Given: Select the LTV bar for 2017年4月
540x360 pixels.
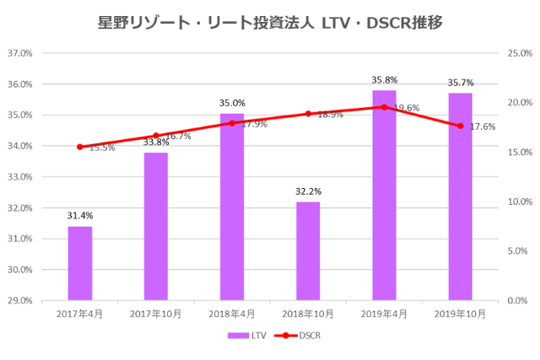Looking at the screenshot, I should coord(80,263).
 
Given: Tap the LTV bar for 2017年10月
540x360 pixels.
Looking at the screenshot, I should coord(156,226).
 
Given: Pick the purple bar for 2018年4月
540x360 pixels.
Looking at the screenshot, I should coord(232,207).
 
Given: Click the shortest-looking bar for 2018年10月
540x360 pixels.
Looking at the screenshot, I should coord(308,250).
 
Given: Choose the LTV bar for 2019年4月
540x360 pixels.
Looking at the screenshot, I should coord(384,195).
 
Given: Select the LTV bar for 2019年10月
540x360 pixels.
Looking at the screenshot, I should coord(460,196).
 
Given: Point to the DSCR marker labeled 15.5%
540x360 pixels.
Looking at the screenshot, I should coord(80,147).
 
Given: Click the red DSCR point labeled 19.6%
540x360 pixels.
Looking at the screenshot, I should coord(384,107).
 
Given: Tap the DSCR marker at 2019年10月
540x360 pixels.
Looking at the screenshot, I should coord(460,126).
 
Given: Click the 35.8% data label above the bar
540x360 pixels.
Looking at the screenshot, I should coord(384,81).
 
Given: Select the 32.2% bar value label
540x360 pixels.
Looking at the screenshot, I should coord(308,191).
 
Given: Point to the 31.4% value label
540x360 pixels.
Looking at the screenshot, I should coord(80,216).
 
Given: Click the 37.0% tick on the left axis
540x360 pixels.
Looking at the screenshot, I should coord(19,53).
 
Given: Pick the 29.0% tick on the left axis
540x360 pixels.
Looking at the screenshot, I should coord(19,300).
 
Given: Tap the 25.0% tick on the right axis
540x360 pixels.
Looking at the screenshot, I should coord(519,53).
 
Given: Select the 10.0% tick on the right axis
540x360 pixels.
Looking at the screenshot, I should coord(519,201).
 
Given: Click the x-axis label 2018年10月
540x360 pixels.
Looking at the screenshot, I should coord(308,314).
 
